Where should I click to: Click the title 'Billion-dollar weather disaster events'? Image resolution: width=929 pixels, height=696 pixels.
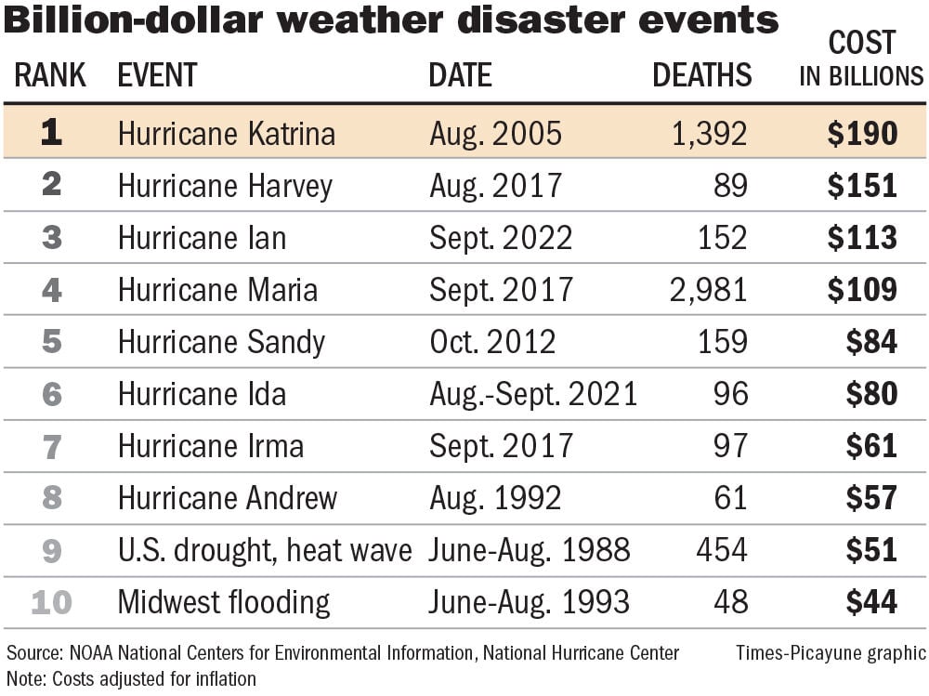tap(390, 20)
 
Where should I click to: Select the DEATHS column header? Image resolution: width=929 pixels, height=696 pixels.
tap(701, 75)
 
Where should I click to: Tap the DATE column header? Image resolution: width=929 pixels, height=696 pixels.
tap(460, 75)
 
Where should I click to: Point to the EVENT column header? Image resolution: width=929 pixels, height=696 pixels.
tap(157, 75)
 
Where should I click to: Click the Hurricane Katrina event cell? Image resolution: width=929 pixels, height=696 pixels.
tap(226, 134)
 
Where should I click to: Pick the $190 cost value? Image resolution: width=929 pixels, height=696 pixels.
tap(862, 134)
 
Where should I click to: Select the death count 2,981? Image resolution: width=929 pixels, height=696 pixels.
tap(707, 290)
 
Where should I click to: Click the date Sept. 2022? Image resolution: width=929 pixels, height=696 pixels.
tap(501, 238)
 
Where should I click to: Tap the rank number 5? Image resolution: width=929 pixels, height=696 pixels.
tap(51, 342)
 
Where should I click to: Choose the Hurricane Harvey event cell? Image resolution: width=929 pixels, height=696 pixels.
tap(224, 186)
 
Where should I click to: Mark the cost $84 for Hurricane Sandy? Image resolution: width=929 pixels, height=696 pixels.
tap(870, 342)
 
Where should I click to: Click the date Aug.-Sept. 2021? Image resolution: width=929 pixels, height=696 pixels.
tap(533, 394)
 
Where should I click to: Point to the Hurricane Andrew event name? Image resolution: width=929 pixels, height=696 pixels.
tap(227, 498)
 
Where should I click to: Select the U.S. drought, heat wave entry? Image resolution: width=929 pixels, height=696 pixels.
tap(264, 550)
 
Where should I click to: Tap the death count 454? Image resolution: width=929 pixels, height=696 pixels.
tap(721, 550)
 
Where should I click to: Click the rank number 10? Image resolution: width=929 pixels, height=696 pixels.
tap(51, 602)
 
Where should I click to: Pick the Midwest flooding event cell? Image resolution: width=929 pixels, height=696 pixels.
tap(223, 602)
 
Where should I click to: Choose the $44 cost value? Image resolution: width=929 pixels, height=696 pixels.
tap(870, 602)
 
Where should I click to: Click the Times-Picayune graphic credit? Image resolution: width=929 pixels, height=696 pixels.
tap(831, 653)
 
